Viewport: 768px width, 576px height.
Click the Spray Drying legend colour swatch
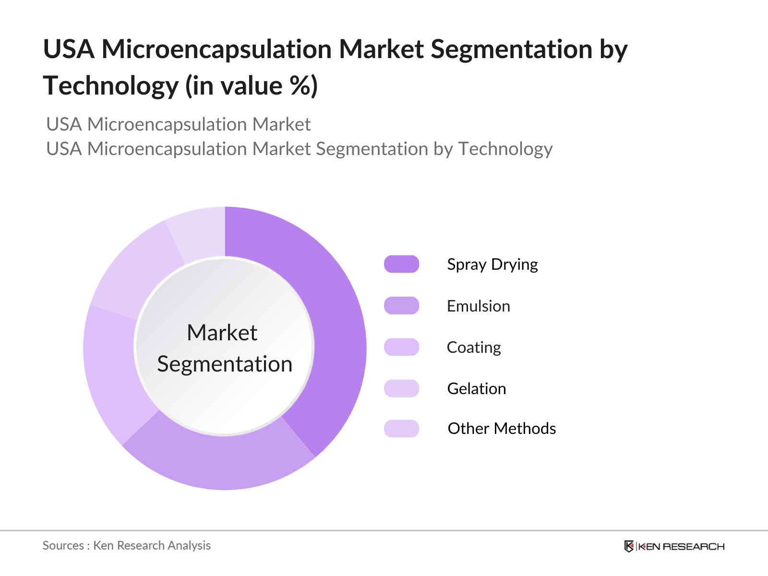pyautogui.click(x=401, y=264)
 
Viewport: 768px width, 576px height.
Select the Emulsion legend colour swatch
pyautogui.click(x=401, y=306)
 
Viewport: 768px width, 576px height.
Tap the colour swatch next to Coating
pyautogui.click(x=401, y=347)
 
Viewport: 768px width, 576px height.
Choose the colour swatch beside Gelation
pyautogui.click(x=401, y=388)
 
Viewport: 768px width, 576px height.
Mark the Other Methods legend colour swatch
pyautogui.click(x=401, y=429)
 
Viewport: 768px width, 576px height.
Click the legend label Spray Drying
pyautogui.click(x=492, y=264)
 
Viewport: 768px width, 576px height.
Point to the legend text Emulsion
pyautogui.click(x=478, y=306)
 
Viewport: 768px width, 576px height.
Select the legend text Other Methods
pyautogui.click(x=502, y=429)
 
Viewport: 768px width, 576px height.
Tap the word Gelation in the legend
pyautogui.click(x=476, y=389)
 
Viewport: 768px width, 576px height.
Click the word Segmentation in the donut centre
pyautogui.click(x=225, y=364)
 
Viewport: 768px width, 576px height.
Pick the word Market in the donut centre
pyautogui.click(x=222, y=333)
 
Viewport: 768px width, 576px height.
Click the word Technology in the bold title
pyautogui.click(x=111, y=86)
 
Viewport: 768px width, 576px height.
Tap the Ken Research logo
pyautogui.click(x=674, y=546)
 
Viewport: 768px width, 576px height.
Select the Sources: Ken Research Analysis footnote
pyautogui.click(x=126, y=546)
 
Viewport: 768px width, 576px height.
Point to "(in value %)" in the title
pyautogui.click(x=252, y=86)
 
